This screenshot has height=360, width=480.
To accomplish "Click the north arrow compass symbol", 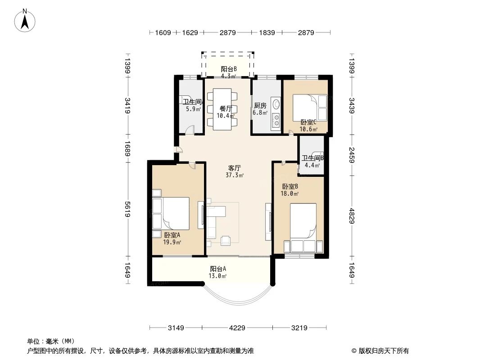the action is pyautogui.click(x=25, y=21).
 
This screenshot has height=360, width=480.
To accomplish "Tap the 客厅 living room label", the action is pyautogui.click(x=235, y=168).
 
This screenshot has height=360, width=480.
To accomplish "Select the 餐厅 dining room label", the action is pyautogui.click(x=226, y=108).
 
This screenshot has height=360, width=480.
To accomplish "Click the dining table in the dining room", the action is pyautogui.click(x=222, y=109).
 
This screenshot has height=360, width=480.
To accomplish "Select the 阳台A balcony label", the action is pyautogui.click(x=218, y=269).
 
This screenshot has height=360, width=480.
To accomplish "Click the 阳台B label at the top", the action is pyautogui.click(x=229, y=69).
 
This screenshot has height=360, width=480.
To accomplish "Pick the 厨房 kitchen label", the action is pyautogui.click(x=260, y=105).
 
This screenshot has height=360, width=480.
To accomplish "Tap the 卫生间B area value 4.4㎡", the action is pyautogui.click(x=312, y=165).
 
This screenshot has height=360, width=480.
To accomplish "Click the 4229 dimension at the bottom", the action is pyautogui.click(x=237, y=328).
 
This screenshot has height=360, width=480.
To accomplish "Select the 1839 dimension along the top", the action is pyautogui.click(x=267, y=32).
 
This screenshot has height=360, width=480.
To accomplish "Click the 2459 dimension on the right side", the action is pyautogui.click(x=352, y=155).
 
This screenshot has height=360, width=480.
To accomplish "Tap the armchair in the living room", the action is pyautogui.click(x=226, y=240).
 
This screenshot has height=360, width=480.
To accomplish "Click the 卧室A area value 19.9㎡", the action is pyautogui.click(x=172, y=242).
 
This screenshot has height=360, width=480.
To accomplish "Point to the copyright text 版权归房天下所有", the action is pyautogui.click(x=384, y=351).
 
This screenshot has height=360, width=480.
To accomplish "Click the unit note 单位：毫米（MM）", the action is pyautogui.click(x=51, y=342).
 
